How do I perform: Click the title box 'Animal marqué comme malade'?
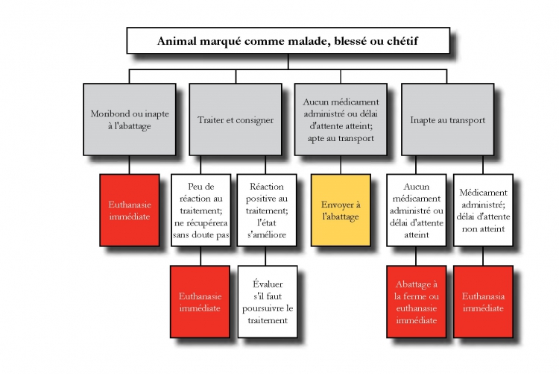tap(288, 41)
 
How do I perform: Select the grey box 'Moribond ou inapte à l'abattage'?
tap(130, 119)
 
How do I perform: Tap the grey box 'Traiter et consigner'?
tap(236, 119)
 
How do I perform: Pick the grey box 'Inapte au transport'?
tap(447, 119)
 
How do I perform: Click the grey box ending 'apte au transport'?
tap(341, 119)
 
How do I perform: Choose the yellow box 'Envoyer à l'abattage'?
tap(341, 211)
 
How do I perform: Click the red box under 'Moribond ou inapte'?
tap(130, 211)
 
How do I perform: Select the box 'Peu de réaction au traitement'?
tap(200, 211)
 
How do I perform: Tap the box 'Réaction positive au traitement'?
tap(267, 211)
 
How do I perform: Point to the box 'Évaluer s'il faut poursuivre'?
tap(268, 302)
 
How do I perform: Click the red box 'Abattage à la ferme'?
tap(417, 302)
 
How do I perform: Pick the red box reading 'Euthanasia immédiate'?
tap(483, 302)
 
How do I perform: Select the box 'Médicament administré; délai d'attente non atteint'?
tap(483, 211)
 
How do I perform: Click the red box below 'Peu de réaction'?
tap(200, 302)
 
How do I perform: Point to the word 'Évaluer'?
tap(268, 284)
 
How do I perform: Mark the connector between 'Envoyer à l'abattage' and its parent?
tap(341, 165)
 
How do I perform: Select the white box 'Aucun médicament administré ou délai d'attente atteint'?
tap(417, 211)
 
